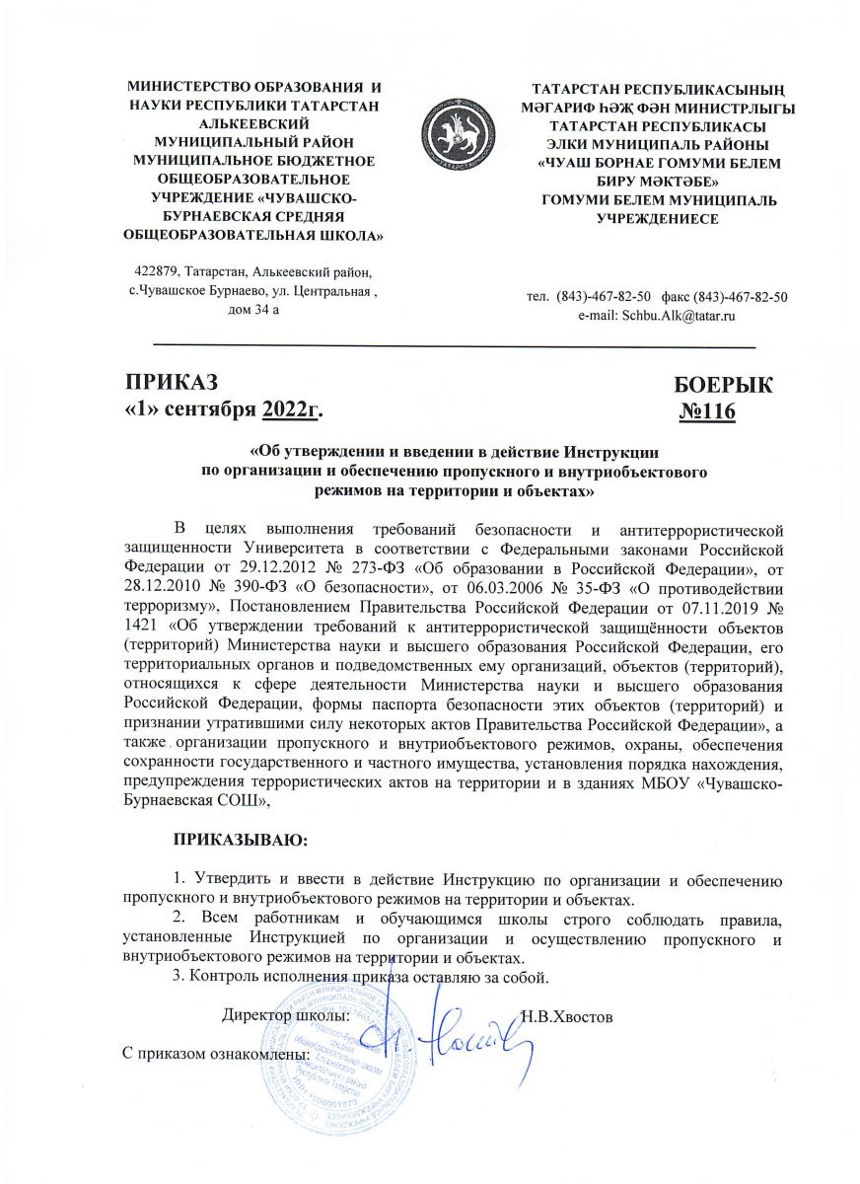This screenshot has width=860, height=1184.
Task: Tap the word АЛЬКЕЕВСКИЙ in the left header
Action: [x=253, y=124]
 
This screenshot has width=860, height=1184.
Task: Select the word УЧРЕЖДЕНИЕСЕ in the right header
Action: [x=655, y=218]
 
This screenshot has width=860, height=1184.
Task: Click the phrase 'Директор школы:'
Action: [x=286, y=1015]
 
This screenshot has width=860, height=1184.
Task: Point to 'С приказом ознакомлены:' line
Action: [x=216, y=1053]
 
